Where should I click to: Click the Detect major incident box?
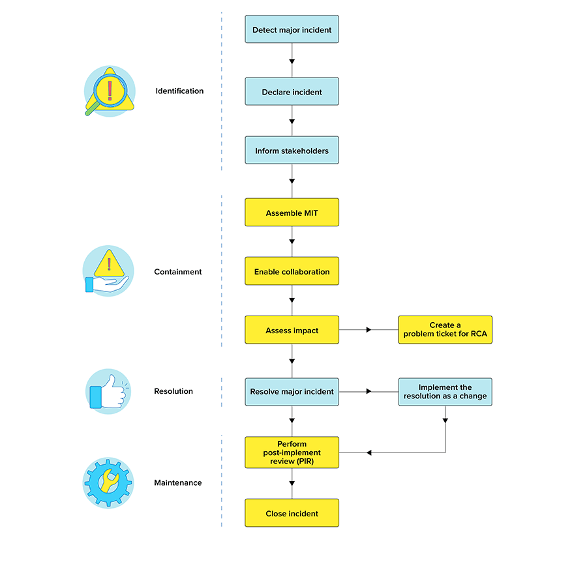click(x=292, y=30)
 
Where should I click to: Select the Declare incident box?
click(x=292, y=92)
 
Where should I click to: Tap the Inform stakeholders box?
click(x=292, y=151)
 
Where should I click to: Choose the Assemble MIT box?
click(x=292, y=213)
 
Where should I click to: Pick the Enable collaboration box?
click(x=292, y=271)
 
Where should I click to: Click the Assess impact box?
click(x=292, y=331)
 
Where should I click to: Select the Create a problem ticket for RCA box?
click(x=445, y=330)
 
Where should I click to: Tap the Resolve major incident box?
click(x=292, y=392)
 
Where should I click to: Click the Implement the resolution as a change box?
click(x=445, y=392)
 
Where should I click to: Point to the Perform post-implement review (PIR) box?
click(x=292, y=453)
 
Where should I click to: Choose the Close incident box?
click(x=292, y=513)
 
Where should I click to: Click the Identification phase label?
click(x=179, y=91)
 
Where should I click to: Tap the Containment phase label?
click(x=178, y=272)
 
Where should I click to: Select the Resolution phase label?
click(x=173, y=391)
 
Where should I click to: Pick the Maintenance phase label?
click(x=178, y=483)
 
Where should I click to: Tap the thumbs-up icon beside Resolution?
click(x=108, y=392)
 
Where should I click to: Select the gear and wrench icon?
click(x=108, y=483)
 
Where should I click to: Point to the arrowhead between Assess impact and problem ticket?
click(x=369, y=331)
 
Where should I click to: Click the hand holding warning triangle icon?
click(x=108, y=272)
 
